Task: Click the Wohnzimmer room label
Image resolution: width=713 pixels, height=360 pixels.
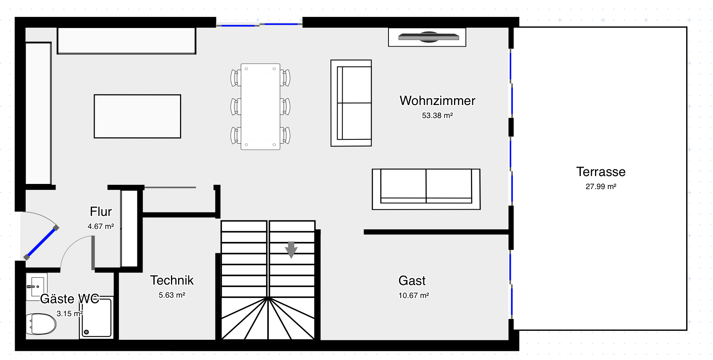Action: point(437,101)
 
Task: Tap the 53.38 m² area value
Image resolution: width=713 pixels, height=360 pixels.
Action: point(437,116)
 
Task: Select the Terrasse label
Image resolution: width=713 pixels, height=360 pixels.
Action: point(601,172)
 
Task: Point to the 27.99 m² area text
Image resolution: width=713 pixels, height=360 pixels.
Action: point(601,187)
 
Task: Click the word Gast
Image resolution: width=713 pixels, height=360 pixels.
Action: point(412,281)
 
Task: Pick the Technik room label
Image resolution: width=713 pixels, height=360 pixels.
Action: point(172,280)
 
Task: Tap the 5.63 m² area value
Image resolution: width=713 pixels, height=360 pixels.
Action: point(172,295)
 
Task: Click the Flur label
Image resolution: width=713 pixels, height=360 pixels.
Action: point(101,212)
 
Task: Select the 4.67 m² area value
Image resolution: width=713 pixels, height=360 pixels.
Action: point(101,227)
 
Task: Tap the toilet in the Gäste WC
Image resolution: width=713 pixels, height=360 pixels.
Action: point(41,324)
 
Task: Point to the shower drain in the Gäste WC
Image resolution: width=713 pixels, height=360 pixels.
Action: point(86,332)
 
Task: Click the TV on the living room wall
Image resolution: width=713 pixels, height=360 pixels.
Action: point(428,37)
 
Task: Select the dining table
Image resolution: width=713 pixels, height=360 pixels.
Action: point(261,107)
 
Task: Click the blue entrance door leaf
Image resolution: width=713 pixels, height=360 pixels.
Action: point(41,243)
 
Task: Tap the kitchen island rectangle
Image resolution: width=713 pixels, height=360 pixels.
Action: point(137,116)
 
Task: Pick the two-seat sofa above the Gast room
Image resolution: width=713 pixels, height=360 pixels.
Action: point(426,189)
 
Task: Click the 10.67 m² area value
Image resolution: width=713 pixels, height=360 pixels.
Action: point(414,296)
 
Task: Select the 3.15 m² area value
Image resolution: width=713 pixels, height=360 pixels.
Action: point(70,314)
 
